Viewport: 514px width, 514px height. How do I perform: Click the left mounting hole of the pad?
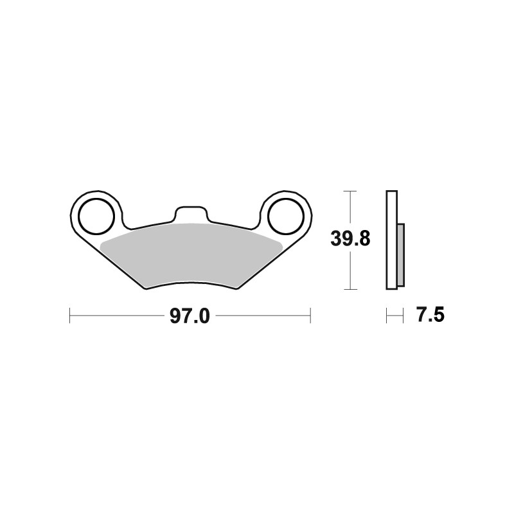(x=96, y=217)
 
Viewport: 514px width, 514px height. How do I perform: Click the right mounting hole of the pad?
(x=285, y=217)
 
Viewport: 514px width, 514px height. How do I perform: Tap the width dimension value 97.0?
(x=190, y=317)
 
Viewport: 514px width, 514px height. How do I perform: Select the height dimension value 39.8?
(x=350, y=238)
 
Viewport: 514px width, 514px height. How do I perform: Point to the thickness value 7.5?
(x=430, y=315)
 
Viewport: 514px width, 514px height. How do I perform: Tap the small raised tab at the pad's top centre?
(x=191, y=214)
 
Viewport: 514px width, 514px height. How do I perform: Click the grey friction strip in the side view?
(x=401, y=255)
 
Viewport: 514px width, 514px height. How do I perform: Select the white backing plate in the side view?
(x=392, y=240)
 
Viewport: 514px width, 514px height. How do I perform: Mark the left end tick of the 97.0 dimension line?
(x=70, y=315)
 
